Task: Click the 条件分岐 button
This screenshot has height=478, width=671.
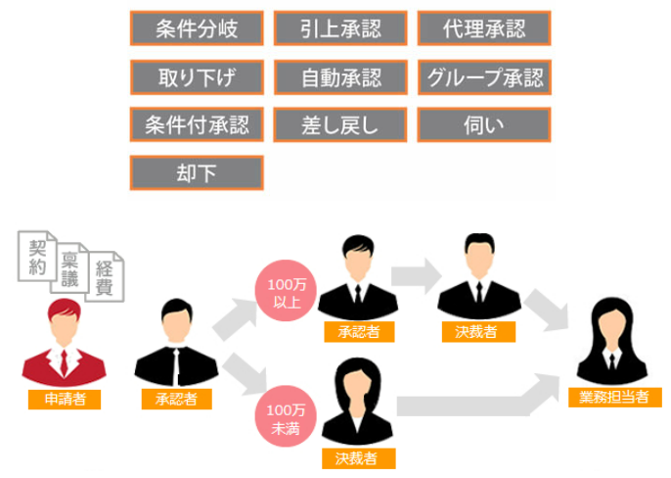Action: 197,28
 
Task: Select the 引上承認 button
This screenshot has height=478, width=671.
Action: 340,28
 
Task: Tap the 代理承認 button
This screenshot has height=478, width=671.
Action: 484,28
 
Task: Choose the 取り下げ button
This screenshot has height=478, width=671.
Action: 197,76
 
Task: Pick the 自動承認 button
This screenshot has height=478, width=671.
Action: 340,76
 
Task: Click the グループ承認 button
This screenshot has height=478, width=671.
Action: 484,76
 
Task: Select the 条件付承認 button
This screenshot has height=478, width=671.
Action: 197,124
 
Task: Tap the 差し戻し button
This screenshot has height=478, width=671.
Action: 340,124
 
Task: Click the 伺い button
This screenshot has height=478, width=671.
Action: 484,124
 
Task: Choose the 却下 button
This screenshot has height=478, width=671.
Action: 197,172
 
